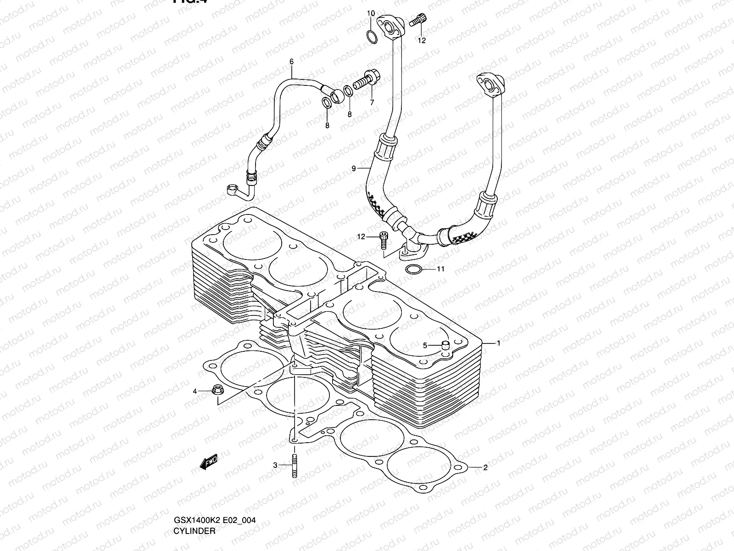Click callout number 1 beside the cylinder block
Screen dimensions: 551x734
click(499, 343)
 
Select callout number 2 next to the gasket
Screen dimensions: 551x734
click(485, 468)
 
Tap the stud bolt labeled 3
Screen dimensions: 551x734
click(294, 466)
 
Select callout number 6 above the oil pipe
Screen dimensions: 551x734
click(291, 62)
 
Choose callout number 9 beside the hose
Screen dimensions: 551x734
click(354, 169)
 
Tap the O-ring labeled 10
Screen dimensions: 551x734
click(372, 36)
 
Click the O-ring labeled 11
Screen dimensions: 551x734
click(414, 269)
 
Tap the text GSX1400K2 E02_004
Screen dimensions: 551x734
click(214, 521)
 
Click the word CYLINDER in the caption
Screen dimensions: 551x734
click(194, 531)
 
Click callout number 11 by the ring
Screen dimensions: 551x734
click(440, 270)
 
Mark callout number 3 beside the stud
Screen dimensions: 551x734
click(275, 465)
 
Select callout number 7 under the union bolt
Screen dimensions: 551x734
click(372, 103)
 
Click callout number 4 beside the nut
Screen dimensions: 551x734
click(195, 391)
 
